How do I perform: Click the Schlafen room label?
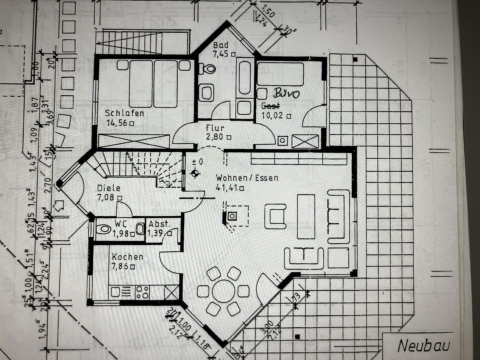point(125,113)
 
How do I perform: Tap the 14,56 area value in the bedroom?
point(117,123)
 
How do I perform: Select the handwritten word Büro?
point(286,93)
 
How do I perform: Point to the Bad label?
point(221,45)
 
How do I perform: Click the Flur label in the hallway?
point(215,128)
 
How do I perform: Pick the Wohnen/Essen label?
point(247,178)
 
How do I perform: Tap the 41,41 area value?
point(227,188)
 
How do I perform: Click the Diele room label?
point(109,188)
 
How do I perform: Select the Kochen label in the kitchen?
point(127,257)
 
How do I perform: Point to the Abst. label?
point(159,224)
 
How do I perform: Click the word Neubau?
point(424,346)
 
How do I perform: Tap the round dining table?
point(223,291)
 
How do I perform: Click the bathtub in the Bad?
point(244,77)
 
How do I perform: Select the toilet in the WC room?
point(104,229)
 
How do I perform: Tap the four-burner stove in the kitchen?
point(142,292)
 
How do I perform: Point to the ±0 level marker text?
point(197,162)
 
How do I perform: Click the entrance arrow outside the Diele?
point(59,205)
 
